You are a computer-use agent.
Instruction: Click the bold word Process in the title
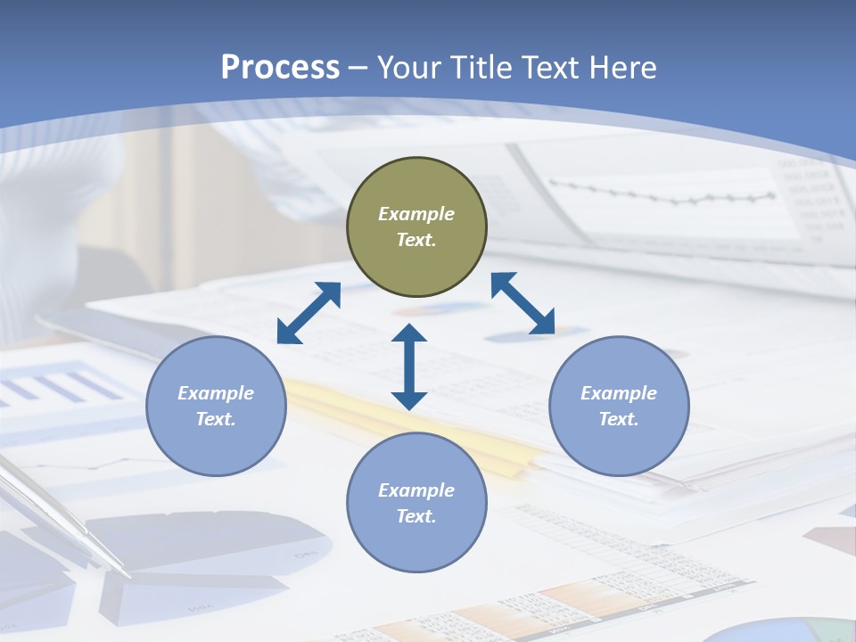coord(280,68)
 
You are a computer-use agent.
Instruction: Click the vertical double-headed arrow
coord(409,366)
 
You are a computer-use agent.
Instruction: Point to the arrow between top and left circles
coord(309,313)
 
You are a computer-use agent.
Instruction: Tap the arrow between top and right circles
coord(523,303)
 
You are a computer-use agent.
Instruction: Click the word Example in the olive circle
coord(416,214)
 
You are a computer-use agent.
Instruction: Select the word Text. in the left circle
coord(216,419)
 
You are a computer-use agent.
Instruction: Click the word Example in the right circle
coord(619,393)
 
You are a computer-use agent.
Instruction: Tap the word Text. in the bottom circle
coord(416,516)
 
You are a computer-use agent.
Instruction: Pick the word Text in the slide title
coord(552,68)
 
